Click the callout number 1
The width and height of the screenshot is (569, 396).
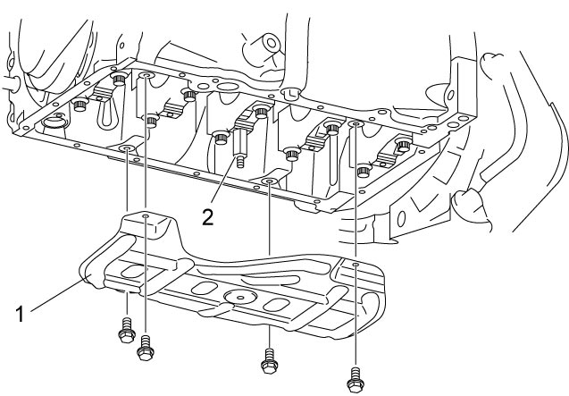click(x=20, y=315)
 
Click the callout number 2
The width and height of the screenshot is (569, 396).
click(x=207, y=217)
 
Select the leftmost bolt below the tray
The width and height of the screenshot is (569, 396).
click(x=127, y=331)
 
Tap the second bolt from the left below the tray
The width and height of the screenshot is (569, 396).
click(x=146, y=348)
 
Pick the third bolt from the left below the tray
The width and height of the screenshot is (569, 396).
click(x=269, y=361)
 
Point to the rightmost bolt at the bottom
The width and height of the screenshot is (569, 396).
click(x=356, y=380)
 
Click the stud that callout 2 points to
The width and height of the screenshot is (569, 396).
click(x=240, y=148)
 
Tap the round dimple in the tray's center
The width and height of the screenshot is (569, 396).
click(x=240, y=297)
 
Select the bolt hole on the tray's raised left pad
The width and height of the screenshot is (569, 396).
click(x=146, y=216)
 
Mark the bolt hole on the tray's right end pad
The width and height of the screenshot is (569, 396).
click(x=356, y=265)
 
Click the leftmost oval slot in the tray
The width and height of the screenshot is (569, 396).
click(x=133, y=271)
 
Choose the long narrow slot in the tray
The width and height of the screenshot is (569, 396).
click(x=272, y=281)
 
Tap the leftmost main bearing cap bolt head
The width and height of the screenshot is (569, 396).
click(x=79, y=105)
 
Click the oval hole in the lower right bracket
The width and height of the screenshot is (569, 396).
click(x=401, y=219)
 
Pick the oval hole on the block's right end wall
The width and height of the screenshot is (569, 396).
click(x=450, y=96)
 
